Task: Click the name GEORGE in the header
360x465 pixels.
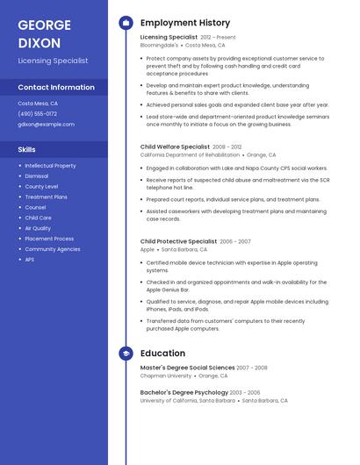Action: pos(46,24)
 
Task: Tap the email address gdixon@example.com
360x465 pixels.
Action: pos(47,125)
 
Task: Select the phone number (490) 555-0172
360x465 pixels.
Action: pos(38,114)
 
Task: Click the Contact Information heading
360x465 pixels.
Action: pos(56,88)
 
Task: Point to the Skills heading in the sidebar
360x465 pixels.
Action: pos(27,150)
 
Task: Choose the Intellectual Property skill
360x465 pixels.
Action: pos(50,166)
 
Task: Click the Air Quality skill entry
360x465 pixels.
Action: pos(38,228)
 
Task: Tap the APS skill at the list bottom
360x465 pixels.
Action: pos(30,260)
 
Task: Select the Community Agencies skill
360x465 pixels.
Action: pos(53,249)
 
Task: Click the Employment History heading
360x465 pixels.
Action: pos(185,23)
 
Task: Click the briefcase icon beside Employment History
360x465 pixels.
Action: pos(126,23)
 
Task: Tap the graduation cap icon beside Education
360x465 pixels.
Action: pos(126,354)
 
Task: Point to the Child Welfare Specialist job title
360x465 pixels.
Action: pos(176,147)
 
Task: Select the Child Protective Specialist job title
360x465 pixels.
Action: pos(178,241)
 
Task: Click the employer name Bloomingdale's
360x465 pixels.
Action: pos(159,45)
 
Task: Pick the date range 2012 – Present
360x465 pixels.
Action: pos(218,38)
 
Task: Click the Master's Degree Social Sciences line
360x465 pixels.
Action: pos(187,368)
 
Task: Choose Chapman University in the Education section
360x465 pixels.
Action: pos(167,376)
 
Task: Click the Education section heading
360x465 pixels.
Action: pos(162,354)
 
